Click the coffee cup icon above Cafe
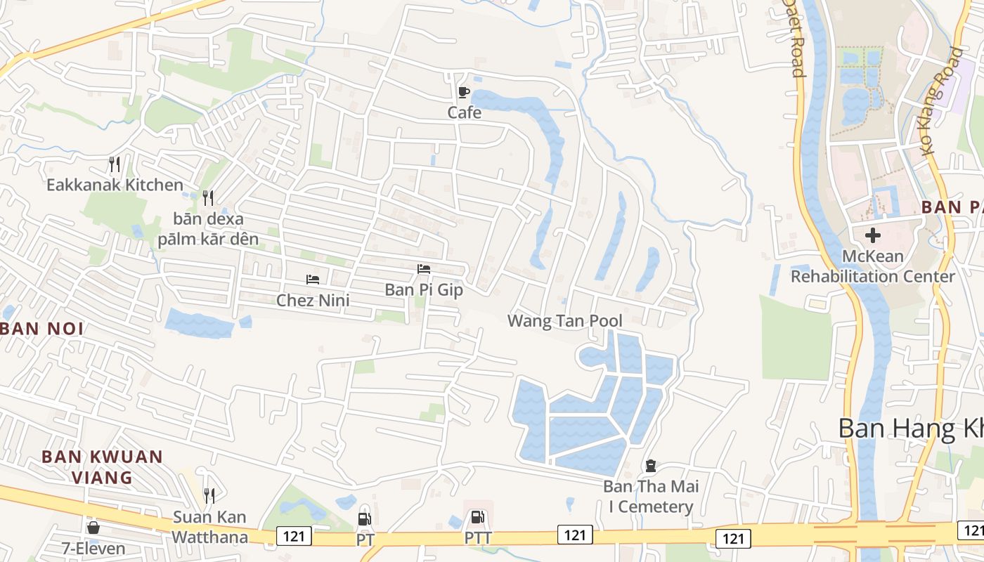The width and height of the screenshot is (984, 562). click(x=463, y=92)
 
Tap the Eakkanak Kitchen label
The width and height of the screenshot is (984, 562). click(x=115, y=185)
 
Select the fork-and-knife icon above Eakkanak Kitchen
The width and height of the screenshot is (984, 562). click(x=115, y=164)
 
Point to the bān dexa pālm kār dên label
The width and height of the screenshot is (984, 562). click(x=208, y=229)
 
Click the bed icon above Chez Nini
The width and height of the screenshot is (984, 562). click(x=313, y=280)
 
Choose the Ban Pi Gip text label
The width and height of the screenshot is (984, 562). click(x=424, y=289)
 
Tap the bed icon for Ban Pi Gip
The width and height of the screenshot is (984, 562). click(x=423, y=269)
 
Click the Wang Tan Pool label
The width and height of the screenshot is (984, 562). click(x=564, y=321)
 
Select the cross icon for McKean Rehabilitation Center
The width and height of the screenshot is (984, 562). click(x=873, y=235)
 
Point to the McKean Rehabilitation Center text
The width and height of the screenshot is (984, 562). click(x=873, y=266)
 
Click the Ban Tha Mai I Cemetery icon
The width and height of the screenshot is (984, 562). click(x=651, y=465)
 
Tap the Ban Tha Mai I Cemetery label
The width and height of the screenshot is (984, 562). click(x=648, y=497)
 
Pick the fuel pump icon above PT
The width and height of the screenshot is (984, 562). click(x=364, y=519)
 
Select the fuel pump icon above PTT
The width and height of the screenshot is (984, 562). click(x=477, y=518)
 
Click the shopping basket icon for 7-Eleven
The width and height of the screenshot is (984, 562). click(x=93, y=527)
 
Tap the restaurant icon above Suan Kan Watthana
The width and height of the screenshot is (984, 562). click(x=209, y=496)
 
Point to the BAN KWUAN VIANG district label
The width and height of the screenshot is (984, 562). click(x=102, y=467)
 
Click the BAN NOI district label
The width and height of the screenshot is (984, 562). click(x=42, y=328)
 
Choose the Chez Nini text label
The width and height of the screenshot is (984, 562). click(x=313, y=301)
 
